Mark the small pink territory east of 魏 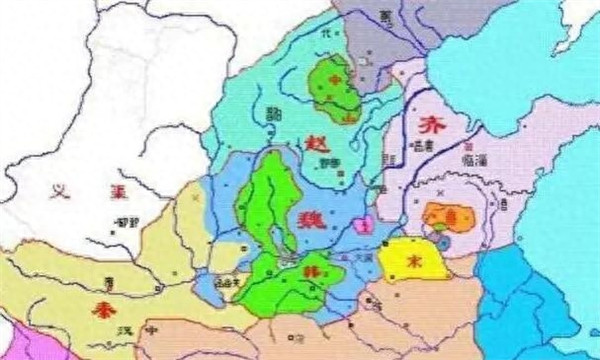pyautogui.click(x=366, y=226)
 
